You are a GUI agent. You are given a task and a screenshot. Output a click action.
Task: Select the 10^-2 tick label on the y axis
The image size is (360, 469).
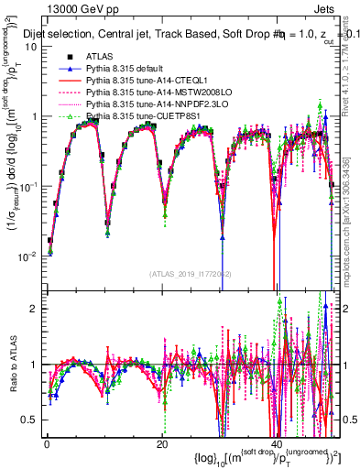[28, 256]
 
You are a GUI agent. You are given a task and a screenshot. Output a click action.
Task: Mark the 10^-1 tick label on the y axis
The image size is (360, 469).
[28, 186]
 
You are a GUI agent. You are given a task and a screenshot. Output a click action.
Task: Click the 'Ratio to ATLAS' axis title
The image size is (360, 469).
[11, 366]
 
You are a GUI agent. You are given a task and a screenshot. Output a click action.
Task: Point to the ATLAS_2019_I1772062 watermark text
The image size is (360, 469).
[190, 274]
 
